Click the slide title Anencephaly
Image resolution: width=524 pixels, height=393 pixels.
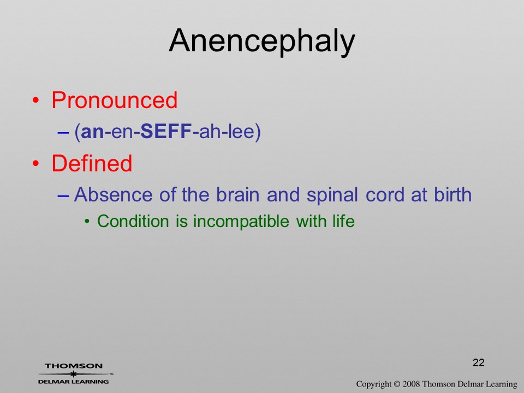[x=261, y=41]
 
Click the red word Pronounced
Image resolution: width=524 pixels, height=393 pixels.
[x=114, y=100]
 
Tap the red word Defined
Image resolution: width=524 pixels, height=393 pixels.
[x=92, y=163]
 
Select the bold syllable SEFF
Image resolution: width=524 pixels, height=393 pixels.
[x=166, y=132]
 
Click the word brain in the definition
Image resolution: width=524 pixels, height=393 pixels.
[x=237, y=194]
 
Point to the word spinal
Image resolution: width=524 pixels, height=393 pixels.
[x=332, y=195]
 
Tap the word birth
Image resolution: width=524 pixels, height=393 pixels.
[x=452, y=194]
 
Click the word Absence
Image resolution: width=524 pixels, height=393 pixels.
[x=114, y=194]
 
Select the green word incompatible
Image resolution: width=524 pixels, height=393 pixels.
[x=241, y=222]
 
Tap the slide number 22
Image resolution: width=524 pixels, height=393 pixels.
[x=479, y=362]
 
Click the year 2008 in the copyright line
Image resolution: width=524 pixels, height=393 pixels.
[x=412, y=384]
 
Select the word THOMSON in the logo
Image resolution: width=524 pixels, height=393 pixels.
[x=74, y=366]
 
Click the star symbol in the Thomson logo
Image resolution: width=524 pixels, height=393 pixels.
[x=73, y=374]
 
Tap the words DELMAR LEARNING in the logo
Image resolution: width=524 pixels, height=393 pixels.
[x=74, y=382]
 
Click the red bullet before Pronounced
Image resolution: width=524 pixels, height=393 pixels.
[x=35, y=100]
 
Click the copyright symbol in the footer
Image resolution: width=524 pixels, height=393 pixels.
[x=397, y=384]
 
